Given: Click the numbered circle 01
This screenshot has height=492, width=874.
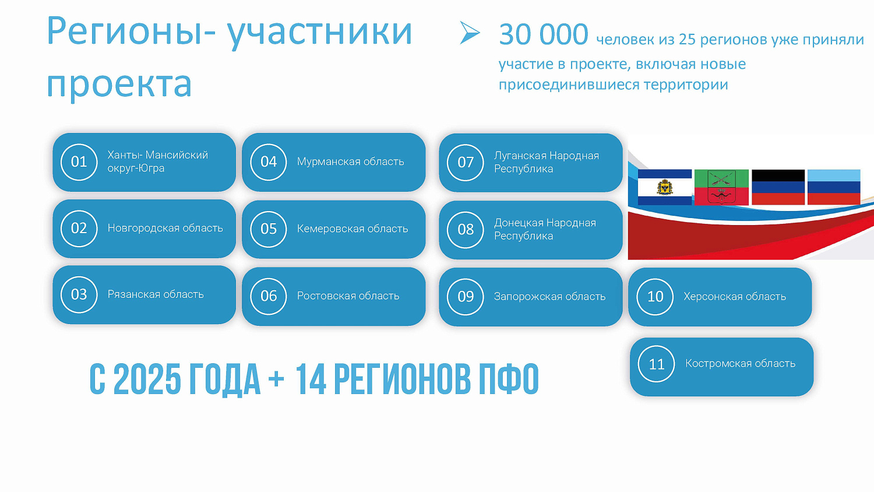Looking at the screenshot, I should [79, 161].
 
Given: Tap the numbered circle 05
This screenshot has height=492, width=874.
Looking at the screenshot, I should [269, 229].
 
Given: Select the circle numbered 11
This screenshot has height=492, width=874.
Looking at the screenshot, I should [657, 364].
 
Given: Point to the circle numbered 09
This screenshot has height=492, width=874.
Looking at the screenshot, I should [466, 296].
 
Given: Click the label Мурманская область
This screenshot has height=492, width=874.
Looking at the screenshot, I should [350, 161].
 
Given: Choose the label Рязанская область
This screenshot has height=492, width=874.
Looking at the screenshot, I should [156, 294].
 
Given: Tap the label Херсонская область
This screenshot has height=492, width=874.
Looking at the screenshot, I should [735, 296].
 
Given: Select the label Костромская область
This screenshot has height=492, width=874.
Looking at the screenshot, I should [740, 363].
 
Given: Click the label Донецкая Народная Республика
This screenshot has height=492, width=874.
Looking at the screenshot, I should [545, 229].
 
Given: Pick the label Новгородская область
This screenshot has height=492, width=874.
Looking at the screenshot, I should [165, 228].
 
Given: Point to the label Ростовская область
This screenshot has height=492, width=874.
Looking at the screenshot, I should [348, 296].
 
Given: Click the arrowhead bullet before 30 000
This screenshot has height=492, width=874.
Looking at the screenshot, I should [469, 33].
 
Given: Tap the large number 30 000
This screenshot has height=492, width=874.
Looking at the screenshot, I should [543, 34].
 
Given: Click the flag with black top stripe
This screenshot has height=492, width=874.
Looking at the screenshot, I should [778, 187].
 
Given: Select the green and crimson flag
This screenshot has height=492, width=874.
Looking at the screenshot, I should [721, 187].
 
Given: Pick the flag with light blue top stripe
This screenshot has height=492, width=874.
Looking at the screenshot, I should [834, 187].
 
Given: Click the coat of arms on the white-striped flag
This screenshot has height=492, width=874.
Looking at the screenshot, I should [665, 188].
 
